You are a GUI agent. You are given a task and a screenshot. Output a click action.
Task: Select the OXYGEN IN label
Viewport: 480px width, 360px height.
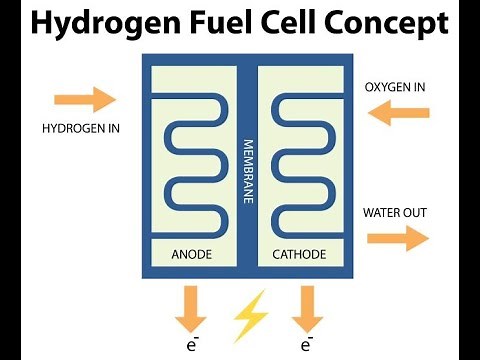pyautogui.click(x=394, y=87)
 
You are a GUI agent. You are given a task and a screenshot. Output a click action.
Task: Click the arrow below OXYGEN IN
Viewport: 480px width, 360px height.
pyautogui.click(x=397, y=115)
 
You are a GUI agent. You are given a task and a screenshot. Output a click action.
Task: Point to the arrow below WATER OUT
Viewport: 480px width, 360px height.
pyautogui.click(x=397, y=239)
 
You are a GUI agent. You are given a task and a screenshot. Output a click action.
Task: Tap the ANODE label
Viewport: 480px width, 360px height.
pyautogui.click(x=191, y=254)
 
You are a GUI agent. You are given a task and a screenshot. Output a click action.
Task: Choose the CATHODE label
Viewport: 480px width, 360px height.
pyautogui.click(x=299, y=254)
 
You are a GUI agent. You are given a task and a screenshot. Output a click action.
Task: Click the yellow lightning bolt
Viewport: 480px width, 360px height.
pyautogui.click(x=250, y=315)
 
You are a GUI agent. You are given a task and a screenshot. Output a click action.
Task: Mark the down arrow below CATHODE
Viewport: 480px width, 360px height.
pyautogui.click(x=306, y=308)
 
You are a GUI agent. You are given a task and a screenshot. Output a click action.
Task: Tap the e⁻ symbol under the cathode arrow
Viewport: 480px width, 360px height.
pyautogui.click(x=306, y=346)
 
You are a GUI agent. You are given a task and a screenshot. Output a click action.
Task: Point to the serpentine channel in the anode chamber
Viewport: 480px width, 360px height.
pyautogui.click(x=190, y=160)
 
